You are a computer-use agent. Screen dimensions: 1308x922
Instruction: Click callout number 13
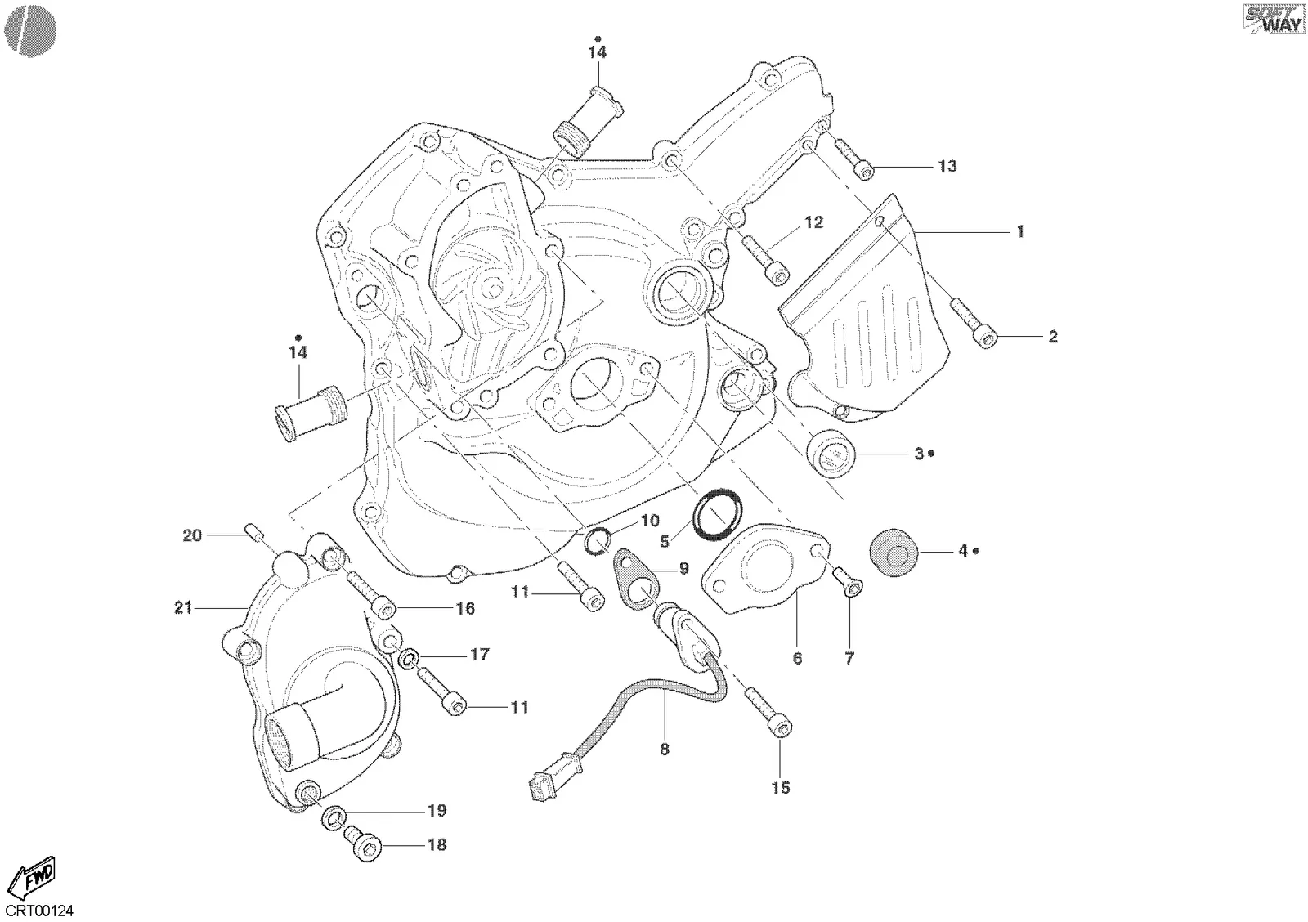[947, 167]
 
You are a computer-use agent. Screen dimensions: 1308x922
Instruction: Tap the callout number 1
[1020, 232]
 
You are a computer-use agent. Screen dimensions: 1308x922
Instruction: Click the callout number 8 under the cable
[665, 750]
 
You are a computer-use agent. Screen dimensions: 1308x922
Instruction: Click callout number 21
[183, 608]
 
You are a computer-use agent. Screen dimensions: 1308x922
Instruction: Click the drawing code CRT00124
[39, 911]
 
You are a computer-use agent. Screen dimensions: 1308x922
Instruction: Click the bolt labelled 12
[766, 260]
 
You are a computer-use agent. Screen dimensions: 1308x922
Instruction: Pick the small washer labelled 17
[408, 660]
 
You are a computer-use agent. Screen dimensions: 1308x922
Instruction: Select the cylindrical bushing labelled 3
[831, 453]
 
